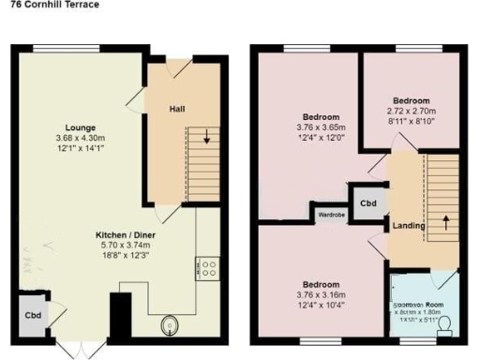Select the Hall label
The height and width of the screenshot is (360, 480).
176,110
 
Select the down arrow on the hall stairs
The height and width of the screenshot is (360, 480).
206,142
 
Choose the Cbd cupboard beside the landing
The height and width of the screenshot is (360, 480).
368,202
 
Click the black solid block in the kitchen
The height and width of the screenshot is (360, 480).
121,316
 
